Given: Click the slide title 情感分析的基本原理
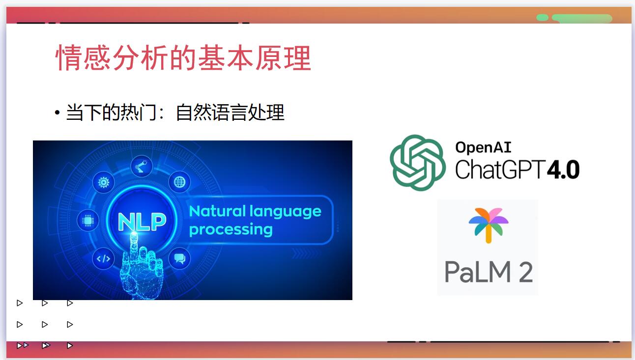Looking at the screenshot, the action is (x=183, y=58).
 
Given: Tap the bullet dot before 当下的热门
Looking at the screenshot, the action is (x=58, y=113).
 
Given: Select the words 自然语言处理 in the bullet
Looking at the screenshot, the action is (x=230, y=113).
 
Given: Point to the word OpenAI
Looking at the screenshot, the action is (x=483, y=147).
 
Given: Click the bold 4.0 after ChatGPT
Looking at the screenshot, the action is (x=563, y=169).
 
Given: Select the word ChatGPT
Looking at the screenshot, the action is (x=501, y=169).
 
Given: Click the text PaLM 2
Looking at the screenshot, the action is (x=489, y=272).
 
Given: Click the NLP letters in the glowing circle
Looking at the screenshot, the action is (x=142, y=221).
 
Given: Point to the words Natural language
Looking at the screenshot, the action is (x=255, y=211).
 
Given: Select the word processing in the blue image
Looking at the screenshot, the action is (x=231, y=230).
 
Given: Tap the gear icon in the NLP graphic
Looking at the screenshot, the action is (x=104, y=182).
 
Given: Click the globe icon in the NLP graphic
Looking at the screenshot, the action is (x=180, y=182).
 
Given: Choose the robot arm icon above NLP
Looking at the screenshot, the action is (x=142, y=166).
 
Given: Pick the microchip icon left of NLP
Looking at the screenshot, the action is (x=88, y=221).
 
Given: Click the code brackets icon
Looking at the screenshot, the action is (x=104, y=259).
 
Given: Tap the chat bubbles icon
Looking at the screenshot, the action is (x=180, y=259).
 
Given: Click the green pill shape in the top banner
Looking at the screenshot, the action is (x=582, y=18).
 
